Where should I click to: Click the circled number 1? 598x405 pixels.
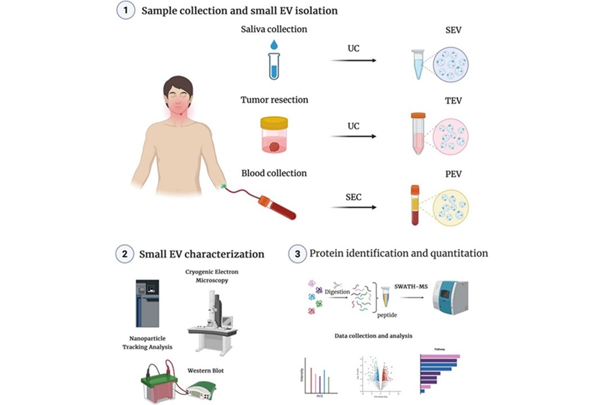[x=125, y=11]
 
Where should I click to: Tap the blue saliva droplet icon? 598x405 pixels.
[x=274, y=44]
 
